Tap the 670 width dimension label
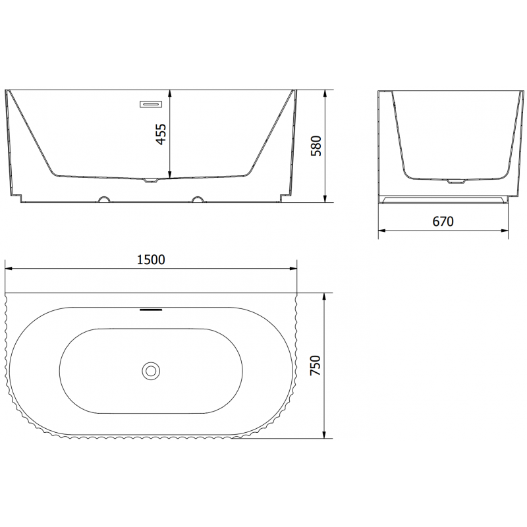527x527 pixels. click(443, 222)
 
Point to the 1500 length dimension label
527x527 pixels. click(152, 260)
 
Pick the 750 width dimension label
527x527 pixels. click(316, 366)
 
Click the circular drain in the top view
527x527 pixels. click(151, 370)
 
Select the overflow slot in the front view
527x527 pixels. click(150, 103)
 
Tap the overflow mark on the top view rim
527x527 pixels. click(151, 308)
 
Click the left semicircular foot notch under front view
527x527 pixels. click(103, 198)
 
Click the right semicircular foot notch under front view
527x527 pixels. click(198, 198)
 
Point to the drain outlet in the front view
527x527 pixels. click(151, 179)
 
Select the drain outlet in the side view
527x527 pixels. click(455, 180)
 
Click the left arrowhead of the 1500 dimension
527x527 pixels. click(8, 268)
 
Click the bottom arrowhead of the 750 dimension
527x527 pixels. click(325, 435)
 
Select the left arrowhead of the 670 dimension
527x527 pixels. click(381, 231)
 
